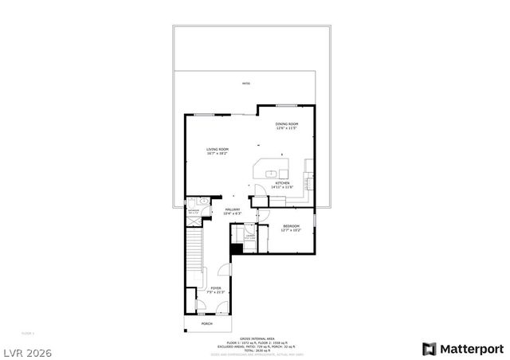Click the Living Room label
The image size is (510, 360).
click(218, 151)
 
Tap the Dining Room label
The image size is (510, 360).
click(287, 126)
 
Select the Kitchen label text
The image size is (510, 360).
click(284, 185)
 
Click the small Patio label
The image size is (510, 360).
click(246, 82)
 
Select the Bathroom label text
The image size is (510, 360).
click(193, 211)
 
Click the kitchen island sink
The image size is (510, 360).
click(271, 172)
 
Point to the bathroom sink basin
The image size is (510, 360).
click(204, 202)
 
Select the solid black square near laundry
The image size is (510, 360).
click(236, 248)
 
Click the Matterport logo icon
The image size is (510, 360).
click(429, 349)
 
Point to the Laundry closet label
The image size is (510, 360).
click(249, 237)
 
